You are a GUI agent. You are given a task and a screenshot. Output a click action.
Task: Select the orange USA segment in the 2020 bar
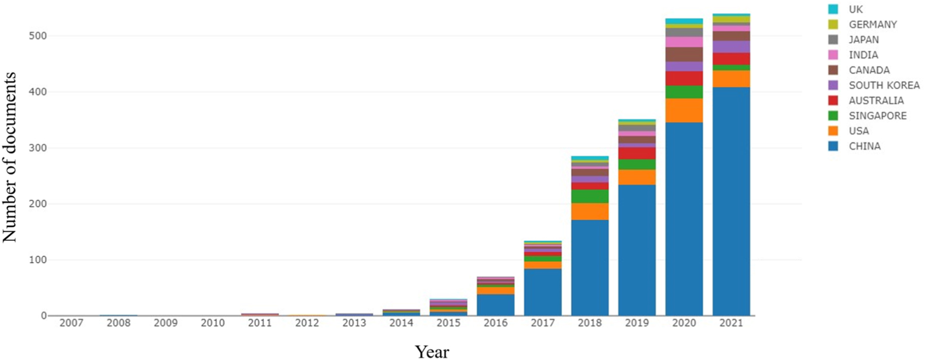tap(684, 110)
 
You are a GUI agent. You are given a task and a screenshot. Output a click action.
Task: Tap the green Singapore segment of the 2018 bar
tap(590, 196)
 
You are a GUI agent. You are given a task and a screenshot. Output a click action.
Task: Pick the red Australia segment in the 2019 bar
tap(637, 153)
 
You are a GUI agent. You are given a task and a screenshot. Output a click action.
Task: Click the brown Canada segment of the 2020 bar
tap(684, 54)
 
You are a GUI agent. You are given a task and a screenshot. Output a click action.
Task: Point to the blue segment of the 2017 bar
tap(543, 292)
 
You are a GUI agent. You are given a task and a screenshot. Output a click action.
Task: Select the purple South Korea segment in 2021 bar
tap(731, 47)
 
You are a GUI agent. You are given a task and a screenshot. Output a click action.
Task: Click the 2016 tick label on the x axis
tap(496, 323)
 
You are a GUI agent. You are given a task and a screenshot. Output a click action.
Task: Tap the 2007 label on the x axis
tap(71, 323)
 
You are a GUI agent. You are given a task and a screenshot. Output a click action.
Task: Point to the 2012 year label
tap(307, 323)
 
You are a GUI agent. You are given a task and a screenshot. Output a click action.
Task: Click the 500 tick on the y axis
tap(38, 36)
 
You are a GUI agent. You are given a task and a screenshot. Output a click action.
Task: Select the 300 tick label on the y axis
tap(38, 148)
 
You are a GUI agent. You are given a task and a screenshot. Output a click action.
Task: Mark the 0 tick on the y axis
tap(44, 316)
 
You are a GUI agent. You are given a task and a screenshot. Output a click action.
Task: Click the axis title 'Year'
tap(431, 352)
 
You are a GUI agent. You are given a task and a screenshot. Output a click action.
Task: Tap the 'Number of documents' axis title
tap(10, 158)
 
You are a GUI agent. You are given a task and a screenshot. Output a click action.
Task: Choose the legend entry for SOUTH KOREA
tap(883, 85)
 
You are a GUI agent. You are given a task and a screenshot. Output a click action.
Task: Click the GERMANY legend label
tap(873, 24)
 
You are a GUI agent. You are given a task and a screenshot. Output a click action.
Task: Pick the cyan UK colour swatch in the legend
tap(833, 9)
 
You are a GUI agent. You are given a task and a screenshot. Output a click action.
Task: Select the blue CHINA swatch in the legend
tap(833, 146)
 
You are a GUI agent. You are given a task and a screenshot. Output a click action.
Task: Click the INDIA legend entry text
tap(863, 55)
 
